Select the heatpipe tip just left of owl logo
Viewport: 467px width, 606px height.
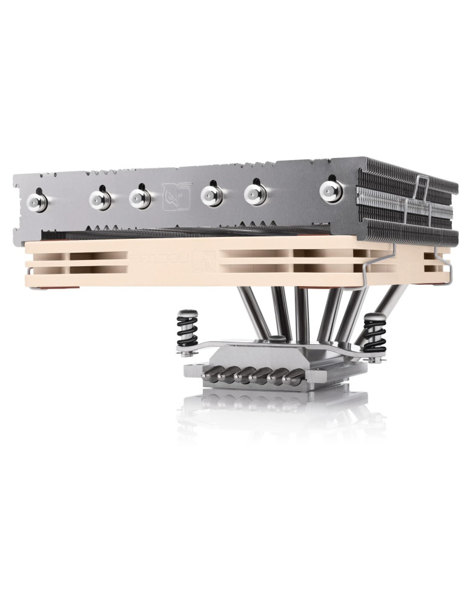point(139,196)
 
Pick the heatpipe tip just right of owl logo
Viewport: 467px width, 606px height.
point(211,195)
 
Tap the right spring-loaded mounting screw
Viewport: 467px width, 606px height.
point(376,333)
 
